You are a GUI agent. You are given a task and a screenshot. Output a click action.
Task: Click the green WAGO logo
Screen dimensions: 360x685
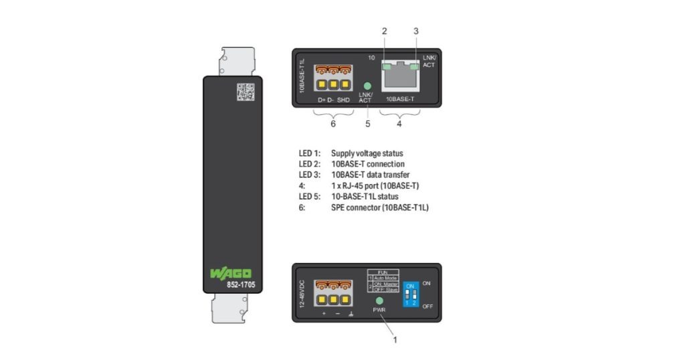231,273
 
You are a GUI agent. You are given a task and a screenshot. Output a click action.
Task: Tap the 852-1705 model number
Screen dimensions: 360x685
232,286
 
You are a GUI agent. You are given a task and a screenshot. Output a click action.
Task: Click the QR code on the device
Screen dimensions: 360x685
246,92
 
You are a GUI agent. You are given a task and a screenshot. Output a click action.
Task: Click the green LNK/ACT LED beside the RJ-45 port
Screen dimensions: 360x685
367,86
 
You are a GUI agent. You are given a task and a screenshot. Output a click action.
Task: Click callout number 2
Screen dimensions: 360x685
384,31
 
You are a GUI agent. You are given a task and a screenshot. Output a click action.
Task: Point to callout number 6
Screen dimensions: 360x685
334,124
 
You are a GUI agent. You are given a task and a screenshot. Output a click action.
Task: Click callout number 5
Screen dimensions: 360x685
367,124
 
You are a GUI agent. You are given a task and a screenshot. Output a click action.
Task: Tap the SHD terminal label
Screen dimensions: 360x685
343,100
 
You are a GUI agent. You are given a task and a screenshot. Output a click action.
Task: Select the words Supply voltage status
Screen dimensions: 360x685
367,153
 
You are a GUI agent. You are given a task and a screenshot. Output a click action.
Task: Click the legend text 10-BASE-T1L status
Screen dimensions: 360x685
365,197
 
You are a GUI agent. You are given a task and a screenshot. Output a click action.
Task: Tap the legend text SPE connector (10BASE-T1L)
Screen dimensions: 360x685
379,207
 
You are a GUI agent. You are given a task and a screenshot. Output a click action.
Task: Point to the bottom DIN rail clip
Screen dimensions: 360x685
231,310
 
